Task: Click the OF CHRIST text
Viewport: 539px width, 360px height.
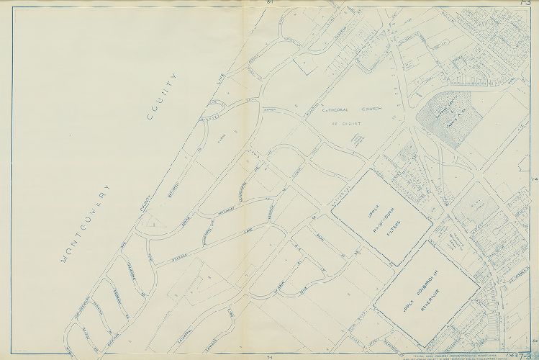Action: (x=346, y=125)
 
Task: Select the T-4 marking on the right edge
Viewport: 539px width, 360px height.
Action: (x=534, y=178)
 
